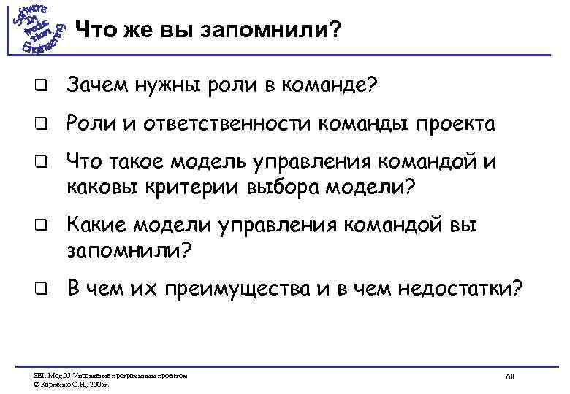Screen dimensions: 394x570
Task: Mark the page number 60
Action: (510, 376)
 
